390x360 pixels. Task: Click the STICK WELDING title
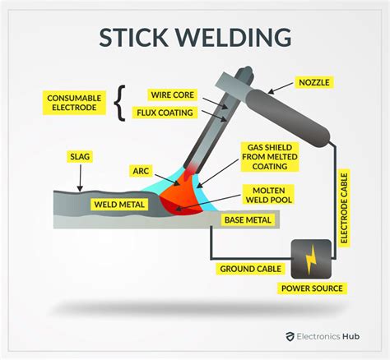coord(195,36)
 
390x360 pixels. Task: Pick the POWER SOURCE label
coord(312,288)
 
